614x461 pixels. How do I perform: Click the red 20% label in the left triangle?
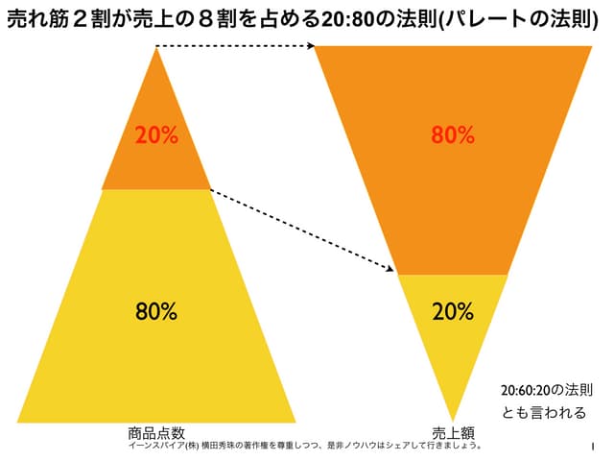point(156,135)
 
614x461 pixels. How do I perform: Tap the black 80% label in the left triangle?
point(156,311)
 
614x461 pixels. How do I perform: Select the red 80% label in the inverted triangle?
point(453,135)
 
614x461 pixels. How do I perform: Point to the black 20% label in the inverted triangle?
point(453,311)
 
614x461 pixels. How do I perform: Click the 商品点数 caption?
point(156,432)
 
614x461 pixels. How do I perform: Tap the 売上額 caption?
point(451,432)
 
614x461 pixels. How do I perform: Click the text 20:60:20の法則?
point(547,391)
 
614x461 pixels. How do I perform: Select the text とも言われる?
point(544,414)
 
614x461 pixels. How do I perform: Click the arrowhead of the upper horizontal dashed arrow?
point(313,45)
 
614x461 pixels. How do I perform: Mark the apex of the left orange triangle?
point(156,48)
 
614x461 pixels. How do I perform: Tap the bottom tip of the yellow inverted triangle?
point(453,419)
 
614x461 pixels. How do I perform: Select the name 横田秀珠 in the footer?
point(211,446)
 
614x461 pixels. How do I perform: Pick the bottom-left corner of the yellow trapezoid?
point(18,421)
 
